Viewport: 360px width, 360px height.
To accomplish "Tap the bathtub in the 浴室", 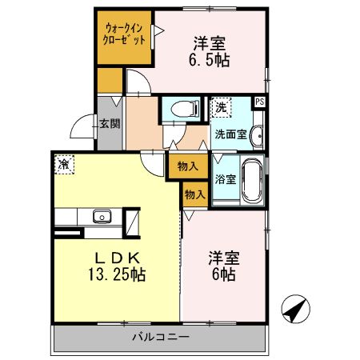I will [251, 182].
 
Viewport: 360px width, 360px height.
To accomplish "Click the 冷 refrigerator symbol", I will [63, 164].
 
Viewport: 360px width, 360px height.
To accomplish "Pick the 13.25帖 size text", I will [118, 274].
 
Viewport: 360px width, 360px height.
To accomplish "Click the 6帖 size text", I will [222, 274].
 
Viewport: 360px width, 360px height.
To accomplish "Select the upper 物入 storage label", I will [187, 166].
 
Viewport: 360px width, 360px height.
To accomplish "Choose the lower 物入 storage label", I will [195, 194].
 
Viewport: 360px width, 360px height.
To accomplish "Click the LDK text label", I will [118, 258].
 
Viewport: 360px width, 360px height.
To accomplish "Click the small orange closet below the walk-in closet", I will [110, 80].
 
